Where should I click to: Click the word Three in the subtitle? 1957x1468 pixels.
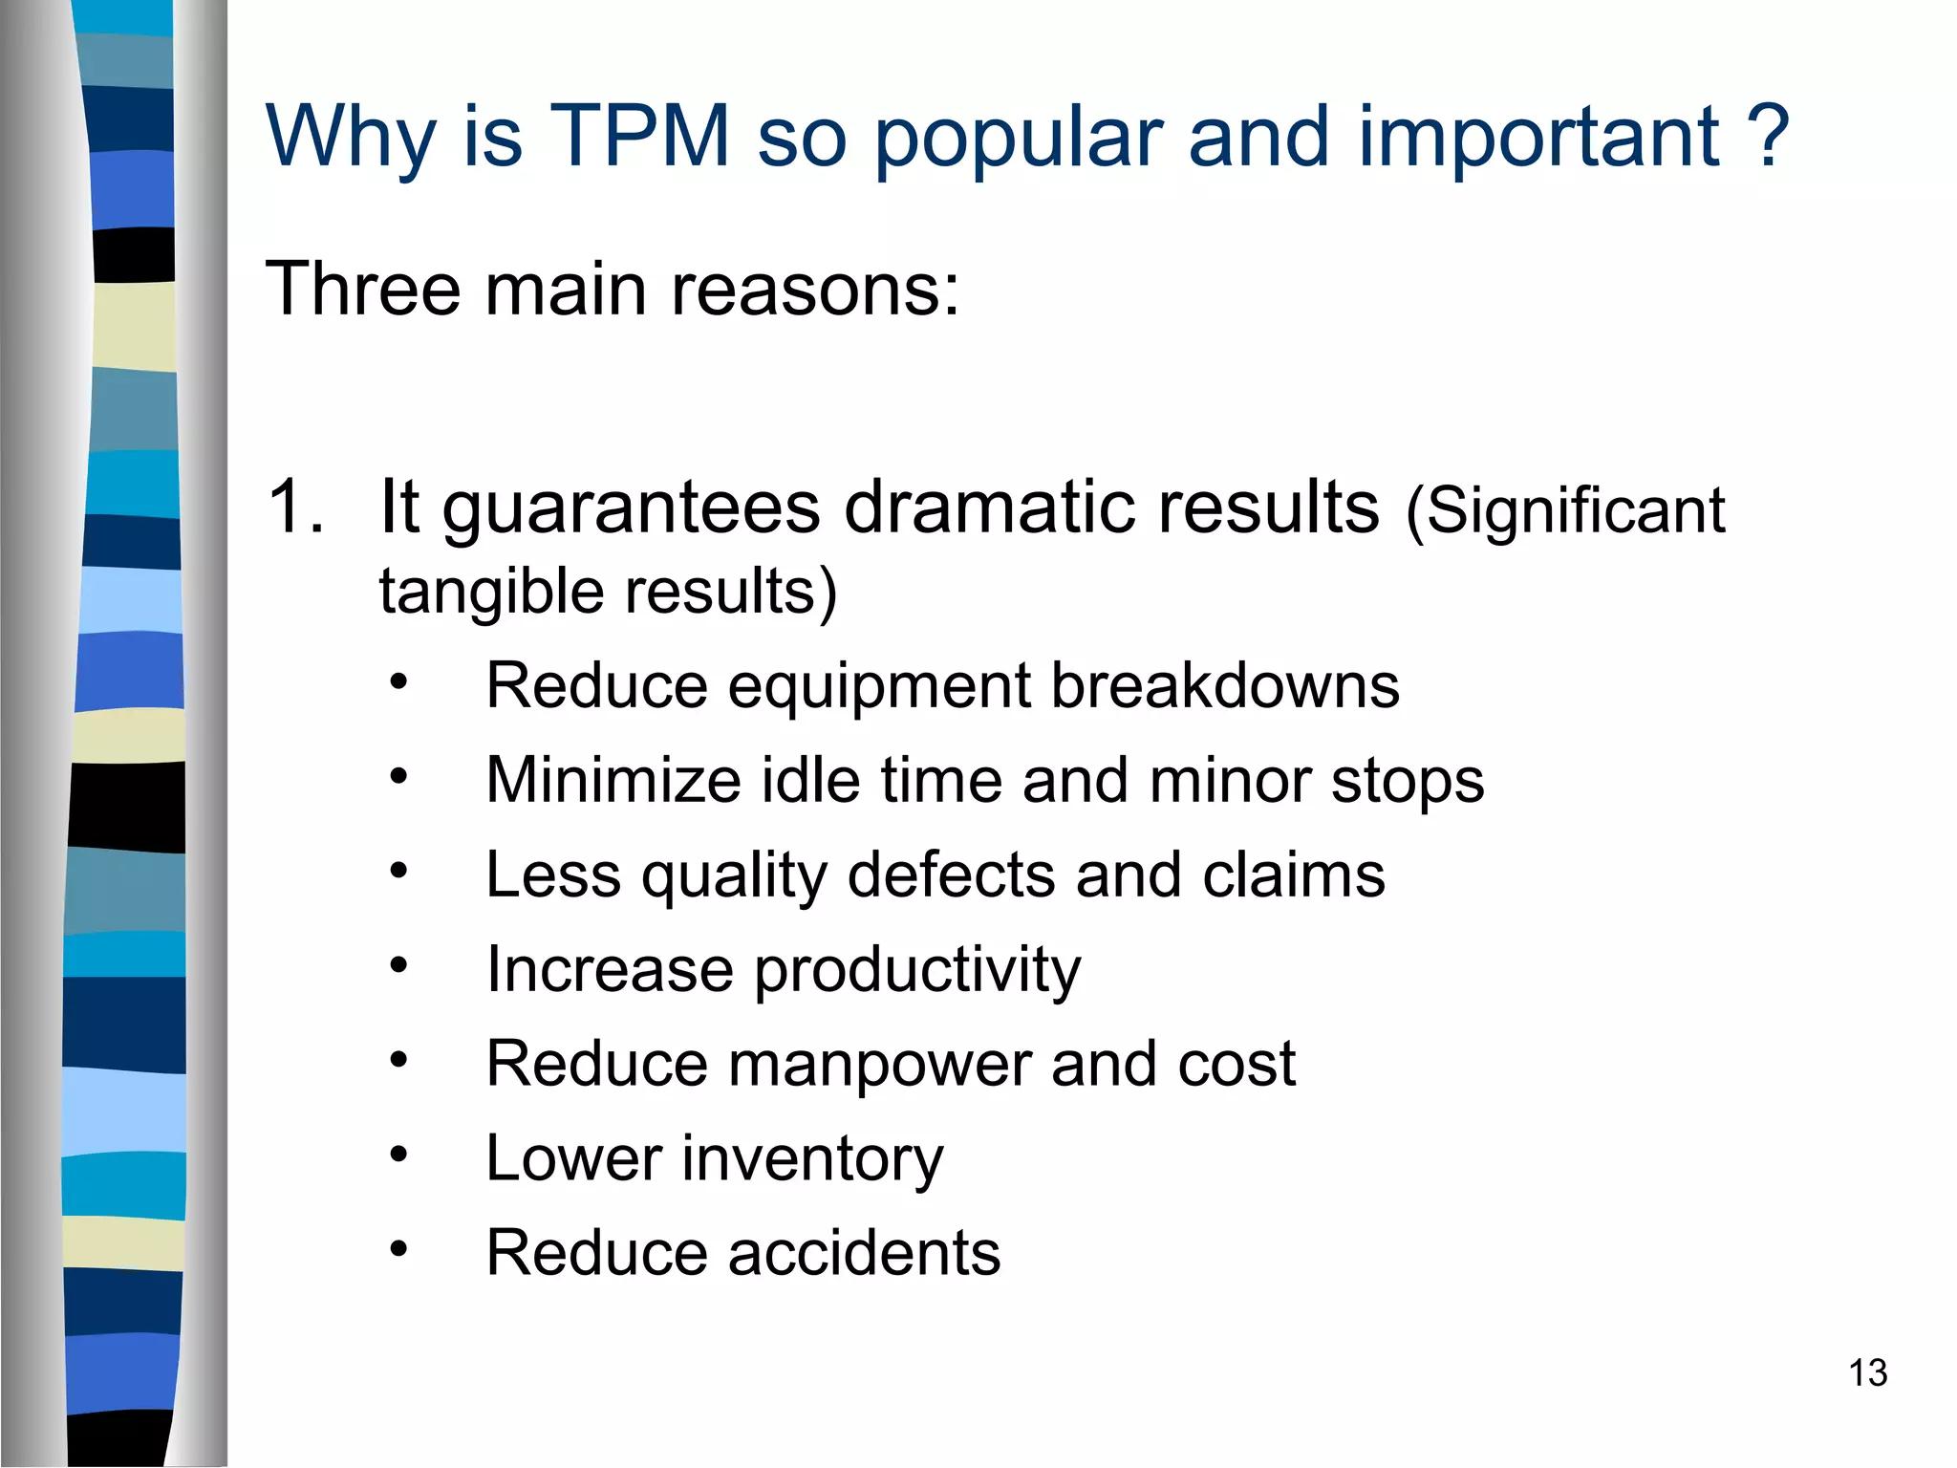tap(363, 289)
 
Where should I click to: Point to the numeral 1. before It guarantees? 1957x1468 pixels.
tap(295, 507)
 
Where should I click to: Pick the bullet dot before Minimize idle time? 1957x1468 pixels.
tap(398, 777)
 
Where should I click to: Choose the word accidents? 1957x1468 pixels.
tap(864, 1253)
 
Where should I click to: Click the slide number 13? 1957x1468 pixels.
tap(1867, 1373)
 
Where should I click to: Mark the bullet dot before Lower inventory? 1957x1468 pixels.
tap(398, 1155)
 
